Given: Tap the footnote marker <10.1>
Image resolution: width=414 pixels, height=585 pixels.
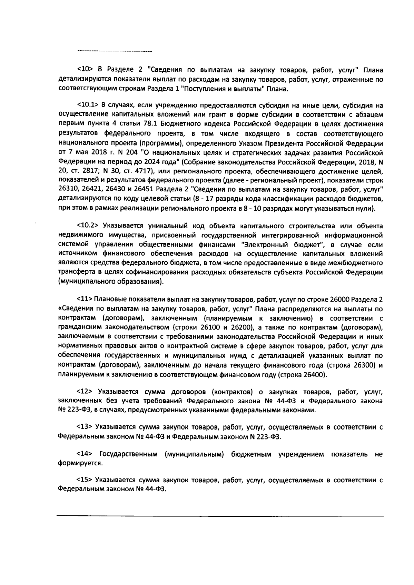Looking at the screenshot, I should [x=88, y=105].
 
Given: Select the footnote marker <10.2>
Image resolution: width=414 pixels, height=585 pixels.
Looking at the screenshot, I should [x=88, y=226].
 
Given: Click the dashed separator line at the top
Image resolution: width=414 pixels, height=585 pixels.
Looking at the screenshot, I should [x=115, y=51].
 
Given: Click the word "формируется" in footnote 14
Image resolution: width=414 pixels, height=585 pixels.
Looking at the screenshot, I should [x=75, y=463].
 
